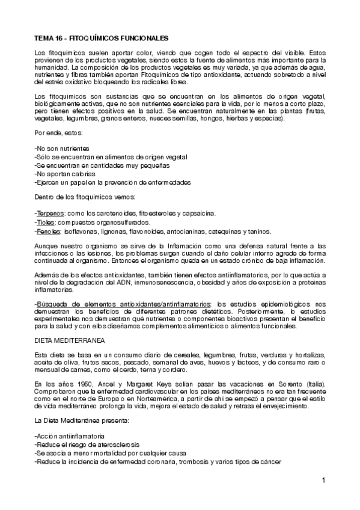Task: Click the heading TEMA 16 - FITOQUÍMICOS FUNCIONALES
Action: (x=102, y=37)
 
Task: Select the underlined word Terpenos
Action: (x=49, y=214)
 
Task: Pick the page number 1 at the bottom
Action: (x=323, y=480)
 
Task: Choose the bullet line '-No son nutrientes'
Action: (x=63, y=148)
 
